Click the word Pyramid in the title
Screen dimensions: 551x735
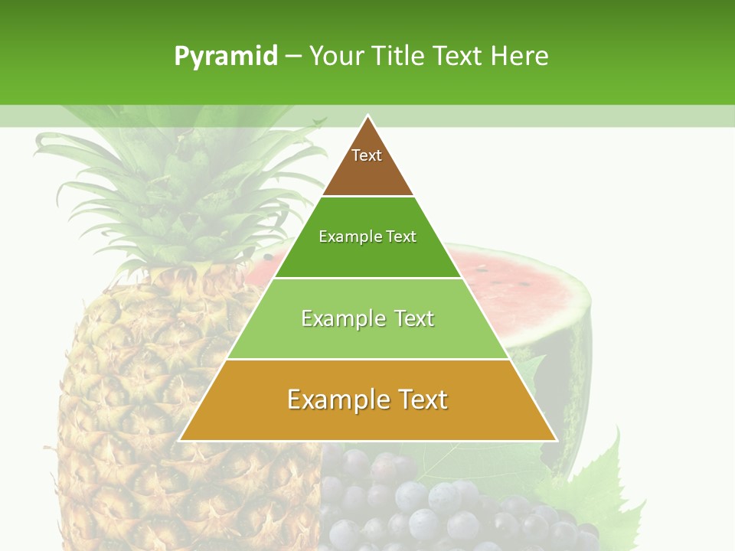pos(226,56)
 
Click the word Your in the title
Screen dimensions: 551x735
pos(337,56)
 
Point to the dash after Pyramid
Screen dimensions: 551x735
pos(293,57)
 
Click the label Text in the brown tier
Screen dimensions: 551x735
pos(367,155)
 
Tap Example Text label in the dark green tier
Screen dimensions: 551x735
pos(367,236)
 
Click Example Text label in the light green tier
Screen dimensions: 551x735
pos(367,318)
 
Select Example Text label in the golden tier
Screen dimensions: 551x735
pos(367,399)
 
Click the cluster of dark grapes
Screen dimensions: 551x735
pos(429,505)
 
